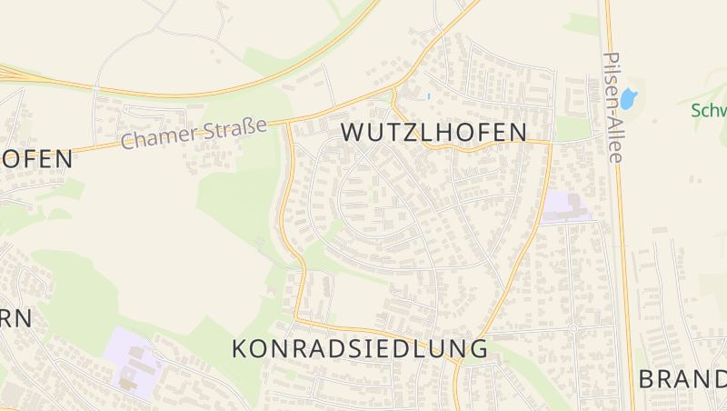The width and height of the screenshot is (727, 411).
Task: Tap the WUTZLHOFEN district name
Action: click(x=433, y=133)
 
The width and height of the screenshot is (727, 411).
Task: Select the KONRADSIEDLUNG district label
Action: click(x=360, y=348)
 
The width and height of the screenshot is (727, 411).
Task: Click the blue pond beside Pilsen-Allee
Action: click(x=628, y=98)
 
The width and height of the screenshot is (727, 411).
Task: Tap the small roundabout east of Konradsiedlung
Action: click(x=573, y=328)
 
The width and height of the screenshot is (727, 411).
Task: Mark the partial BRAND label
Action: click(x=682, y=379)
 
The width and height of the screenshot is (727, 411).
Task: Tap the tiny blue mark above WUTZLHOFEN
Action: click(x=428, y=95)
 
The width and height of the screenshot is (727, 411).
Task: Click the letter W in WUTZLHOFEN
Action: click(x=353, y=133)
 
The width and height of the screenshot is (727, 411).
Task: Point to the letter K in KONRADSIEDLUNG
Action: click(x=240, y=348)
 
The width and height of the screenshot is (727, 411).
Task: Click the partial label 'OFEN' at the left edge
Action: click(x=35, y=159)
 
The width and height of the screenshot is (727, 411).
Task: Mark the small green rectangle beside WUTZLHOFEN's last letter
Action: click(x=573, y=129)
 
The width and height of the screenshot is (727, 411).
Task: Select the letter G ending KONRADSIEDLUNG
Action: click(x=479, y=348)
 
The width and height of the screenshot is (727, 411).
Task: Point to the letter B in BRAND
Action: click(x=647, y=379)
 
